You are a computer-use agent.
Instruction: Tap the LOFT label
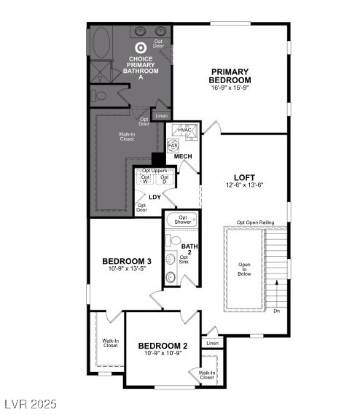[x=244, y=177]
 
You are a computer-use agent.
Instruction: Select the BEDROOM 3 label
[x=127, y=261]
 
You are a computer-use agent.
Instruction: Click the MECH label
[x=183, y=157]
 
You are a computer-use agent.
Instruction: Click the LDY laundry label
[x=154, y=197]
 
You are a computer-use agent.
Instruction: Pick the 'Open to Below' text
[x=243, y=269]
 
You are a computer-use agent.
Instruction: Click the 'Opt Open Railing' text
[x=255, y=222]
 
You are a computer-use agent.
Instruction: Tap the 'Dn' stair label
[x=276, y=311]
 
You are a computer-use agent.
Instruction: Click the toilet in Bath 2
[x=171, y=277]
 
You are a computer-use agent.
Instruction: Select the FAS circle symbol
[x=173, y=146]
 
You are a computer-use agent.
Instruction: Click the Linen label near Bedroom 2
[x=212, y=343]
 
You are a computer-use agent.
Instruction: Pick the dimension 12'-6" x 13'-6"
[x=244, y=185]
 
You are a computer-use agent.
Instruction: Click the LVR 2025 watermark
[x=28, y=403]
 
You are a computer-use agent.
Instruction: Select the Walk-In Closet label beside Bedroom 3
[x=110, y=343]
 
